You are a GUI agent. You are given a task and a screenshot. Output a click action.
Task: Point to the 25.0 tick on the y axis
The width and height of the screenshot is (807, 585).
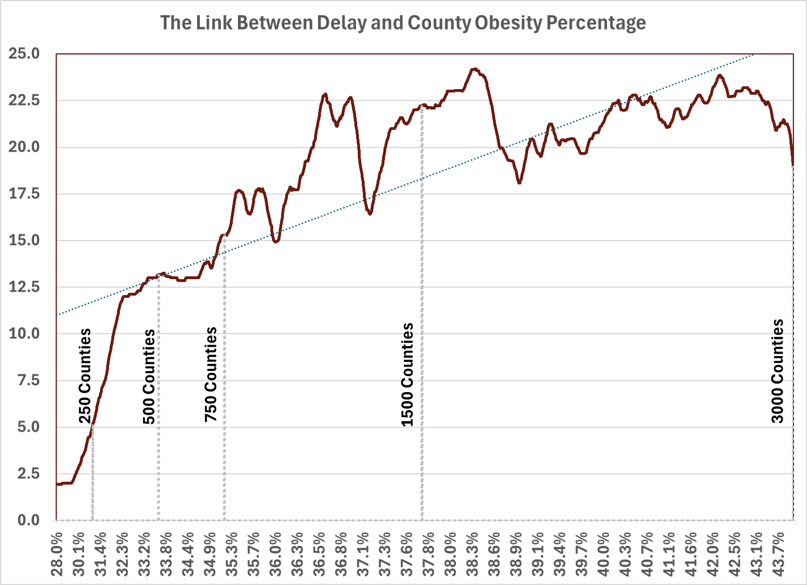tap(24, 54)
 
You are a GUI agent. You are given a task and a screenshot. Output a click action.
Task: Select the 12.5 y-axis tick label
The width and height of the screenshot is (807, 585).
tap(24, 287)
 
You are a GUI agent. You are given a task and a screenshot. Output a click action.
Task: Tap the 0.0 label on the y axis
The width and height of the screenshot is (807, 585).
tap(28, 520)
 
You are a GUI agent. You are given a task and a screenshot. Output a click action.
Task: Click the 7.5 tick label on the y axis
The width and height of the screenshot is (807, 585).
tap(28, 380)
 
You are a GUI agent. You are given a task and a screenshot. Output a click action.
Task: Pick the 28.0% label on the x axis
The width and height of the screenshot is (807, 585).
tap(57, 552)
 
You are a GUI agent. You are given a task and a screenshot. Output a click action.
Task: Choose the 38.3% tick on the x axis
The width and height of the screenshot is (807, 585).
tap(472, 552)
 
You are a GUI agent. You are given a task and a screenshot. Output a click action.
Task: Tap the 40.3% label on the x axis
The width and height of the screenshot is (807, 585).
tap(625, 552)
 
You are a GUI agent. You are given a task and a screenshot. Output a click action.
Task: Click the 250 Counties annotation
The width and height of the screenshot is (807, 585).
tap(85, 376)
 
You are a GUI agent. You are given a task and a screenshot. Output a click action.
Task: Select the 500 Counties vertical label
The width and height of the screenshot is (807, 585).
tap(149, 376)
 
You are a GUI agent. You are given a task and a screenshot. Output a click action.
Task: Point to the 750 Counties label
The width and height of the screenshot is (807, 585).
tap(211, 374)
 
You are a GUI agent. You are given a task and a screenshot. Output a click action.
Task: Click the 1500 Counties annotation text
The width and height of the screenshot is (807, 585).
tap(407, 374)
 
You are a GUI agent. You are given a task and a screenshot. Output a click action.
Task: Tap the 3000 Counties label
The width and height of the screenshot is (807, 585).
tap(777, 371)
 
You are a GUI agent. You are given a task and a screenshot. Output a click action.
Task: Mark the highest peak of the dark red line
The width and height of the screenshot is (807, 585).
tap(474, 69)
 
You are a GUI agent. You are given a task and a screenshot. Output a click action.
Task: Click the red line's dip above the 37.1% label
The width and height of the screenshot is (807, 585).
tap(370, 213)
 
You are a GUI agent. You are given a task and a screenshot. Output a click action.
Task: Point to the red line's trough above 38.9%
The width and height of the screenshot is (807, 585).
tap(519, 182)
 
